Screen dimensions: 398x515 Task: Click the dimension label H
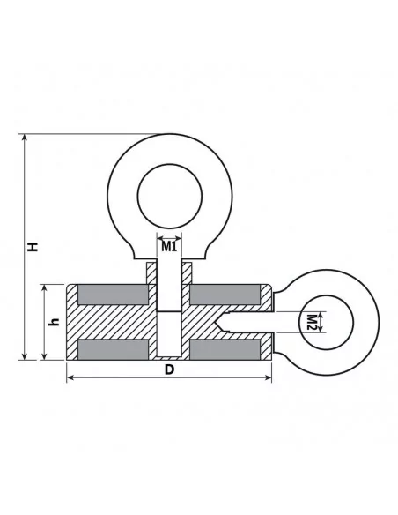33,247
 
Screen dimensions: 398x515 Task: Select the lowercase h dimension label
54,322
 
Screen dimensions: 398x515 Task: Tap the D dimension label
169,369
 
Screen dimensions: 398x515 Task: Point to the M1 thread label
169,246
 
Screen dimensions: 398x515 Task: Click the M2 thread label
312,322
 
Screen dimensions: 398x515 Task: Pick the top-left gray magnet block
113,295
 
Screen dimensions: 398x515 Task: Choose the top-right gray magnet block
225,295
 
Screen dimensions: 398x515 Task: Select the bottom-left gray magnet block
113,349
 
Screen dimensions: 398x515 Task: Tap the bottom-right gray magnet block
225,349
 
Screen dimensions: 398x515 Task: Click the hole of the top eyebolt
169,196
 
